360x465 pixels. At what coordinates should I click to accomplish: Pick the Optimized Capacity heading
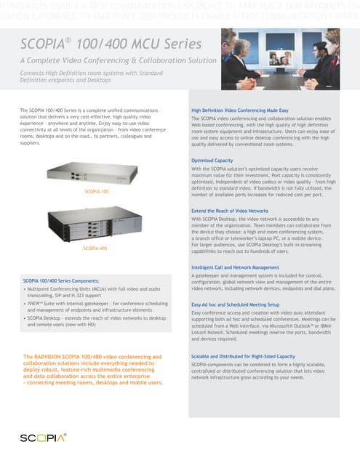(212, 160)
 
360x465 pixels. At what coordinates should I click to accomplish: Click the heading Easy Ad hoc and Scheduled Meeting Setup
(237, 304)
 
